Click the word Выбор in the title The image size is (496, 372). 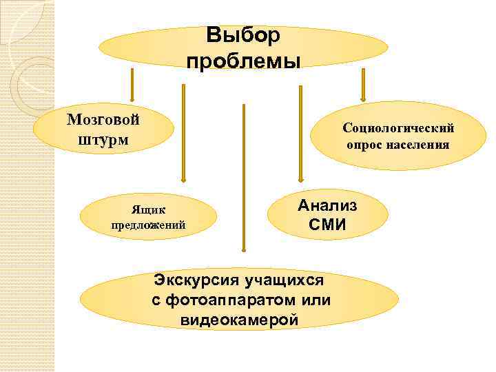coord(243,35)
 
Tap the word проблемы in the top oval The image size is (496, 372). coord(243,61)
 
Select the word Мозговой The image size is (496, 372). coord(103,118)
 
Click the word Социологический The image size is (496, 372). coord(398,128)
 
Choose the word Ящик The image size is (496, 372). coord(149,209)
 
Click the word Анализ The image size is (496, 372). coord(327,205)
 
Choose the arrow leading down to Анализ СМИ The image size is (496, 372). coord(299,131)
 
